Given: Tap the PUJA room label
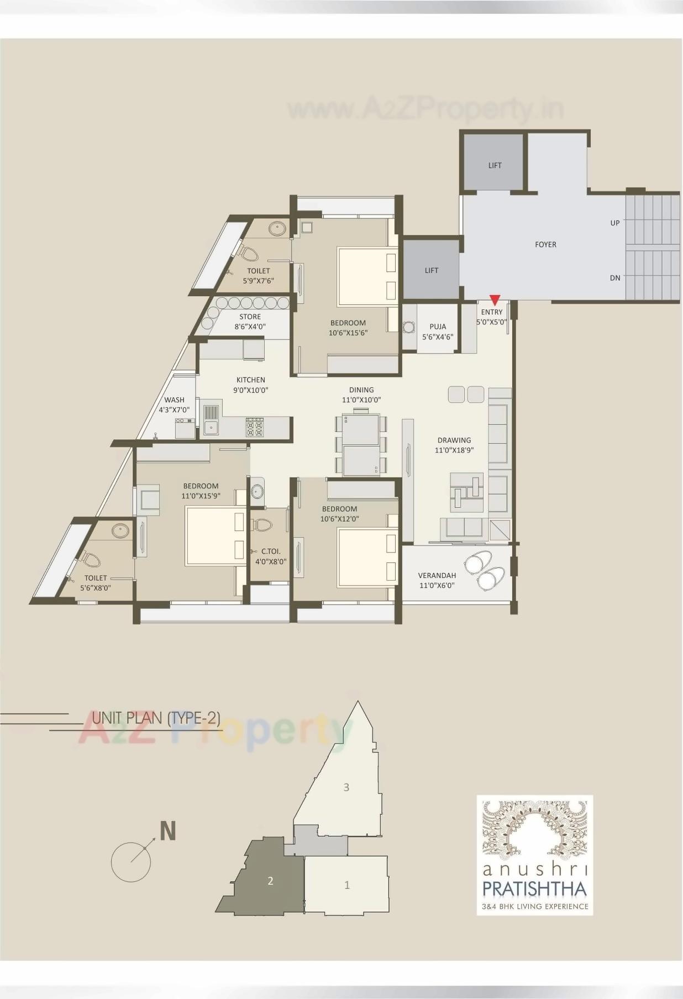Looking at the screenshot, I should [437, 327].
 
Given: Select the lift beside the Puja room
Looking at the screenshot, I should [431, 270].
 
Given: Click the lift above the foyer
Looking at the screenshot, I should [494, 165].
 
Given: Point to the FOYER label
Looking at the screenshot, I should [545, 244].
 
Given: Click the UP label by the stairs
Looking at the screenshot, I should [615, 223].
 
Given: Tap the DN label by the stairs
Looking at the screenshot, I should [615, 278].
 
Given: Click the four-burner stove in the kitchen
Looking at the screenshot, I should [255, 427].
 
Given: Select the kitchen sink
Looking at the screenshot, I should [211, 427].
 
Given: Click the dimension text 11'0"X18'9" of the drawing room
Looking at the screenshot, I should [454, 450].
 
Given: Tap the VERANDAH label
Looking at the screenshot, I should [437, 575].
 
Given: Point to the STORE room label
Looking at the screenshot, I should [250, 317].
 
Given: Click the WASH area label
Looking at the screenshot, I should [174, 399].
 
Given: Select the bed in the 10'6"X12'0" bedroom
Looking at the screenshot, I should [367, 556].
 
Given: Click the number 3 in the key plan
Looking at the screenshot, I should [346, 787].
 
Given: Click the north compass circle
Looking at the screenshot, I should [131, 862].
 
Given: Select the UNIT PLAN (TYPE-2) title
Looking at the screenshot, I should [156, 718].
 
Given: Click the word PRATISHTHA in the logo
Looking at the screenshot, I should [534, 889].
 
